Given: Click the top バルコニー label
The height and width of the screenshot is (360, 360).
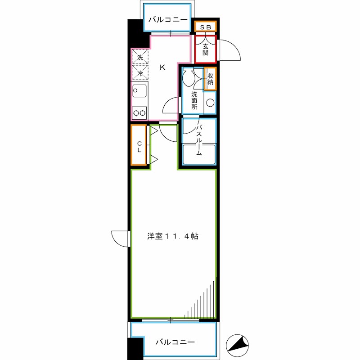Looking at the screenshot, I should click(x=167, y=19).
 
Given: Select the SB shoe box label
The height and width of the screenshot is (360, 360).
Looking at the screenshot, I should click(x=206, y=27).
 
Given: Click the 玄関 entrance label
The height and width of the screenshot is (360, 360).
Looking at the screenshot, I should click(x=206, y=49).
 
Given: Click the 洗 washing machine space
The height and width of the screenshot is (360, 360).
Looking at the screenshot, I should click(x=139, y=57).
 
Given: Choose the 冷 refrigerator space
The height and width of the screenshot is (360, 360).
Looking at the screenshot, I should click(x=139, y=72).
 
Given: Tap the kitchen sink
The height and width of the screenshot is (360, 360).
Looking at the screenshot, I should click(x=139, y=92).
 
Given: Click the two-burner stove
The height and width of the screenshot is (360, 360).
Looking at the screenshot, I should click(x=139, y=113).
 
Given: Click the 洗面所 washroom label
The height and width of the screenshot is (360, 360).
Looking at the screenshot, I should click(x=194, y=100).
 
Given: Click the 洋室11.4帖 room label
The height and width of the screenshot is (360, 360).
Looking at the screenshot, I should click(x=173, y=235).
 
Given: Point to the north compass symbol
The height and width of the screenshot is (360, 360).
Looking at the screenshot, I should click(x=238, y=345).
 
